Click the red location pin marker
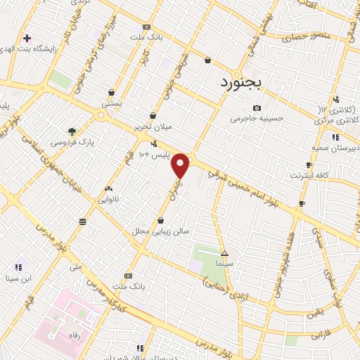(181, 165)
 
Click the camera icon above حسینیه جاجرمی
(257, 108)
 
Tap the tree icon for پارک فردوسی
(72, 131)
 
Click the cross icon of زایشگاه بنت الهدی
(27, 37)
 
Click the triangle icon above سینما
(224, 253)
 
